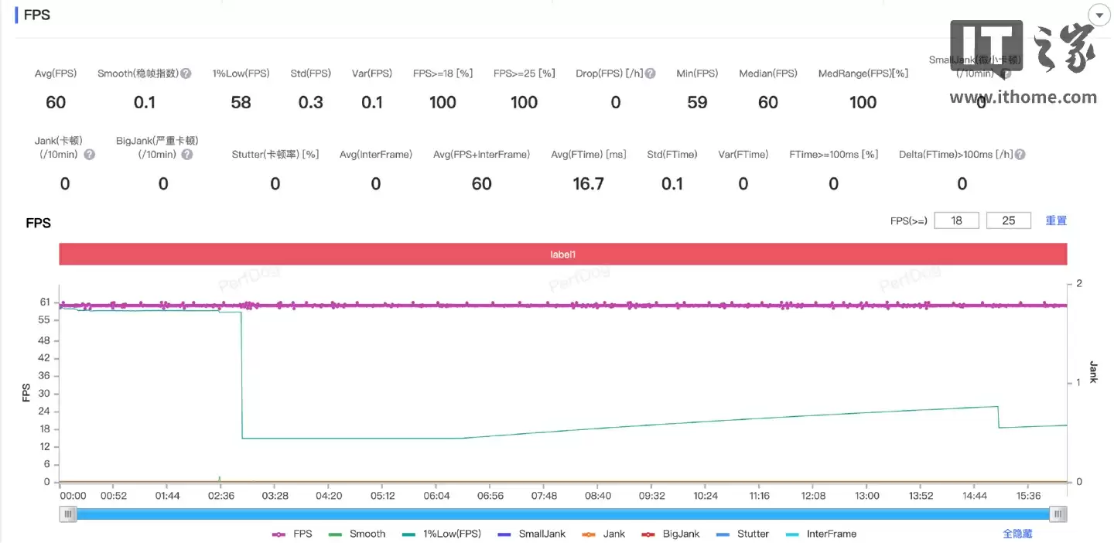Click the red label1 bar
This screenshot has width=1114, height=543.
[562, 254]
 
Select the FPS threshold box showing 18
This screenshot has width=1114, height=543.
[956, 220]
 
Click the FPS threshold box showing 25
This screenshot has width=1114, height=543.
[1008, 220]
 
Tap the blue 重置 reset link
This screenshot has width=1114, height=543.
[1056, 220]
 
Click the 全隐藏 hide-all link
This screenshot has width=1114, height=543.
[1017, 534]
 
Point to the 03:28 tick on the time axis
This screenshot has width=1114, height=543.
[275, 496]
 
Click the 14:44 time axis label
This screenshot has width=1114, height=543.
[975, 496]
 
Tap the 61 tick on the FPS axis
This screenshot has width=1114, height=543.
[44, 302]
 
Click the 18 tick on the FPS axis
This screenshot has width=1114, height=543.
[44, 429]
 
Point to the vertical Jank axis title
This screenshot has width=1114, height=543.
[1093, 372]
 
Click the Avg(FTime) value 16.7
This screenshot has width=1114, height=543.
[588, 183]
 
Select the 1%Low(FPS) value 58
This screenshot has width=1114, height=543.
[241, 102]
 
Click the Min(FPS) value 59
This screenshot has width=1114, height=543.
[697, 102]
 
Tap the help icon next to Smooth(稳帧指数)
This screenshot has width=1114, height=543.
[186, 73]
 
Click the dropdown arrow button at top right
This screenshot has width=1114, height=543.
[1099, 15]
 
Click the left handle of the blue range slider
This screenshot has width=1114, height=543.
[69, 514]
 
